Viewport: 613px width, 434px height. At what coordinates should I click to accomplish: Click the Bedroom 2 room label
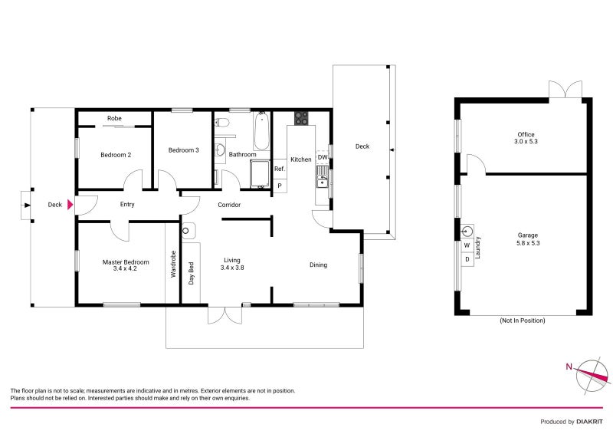pyautogui.click(x=116, y=155)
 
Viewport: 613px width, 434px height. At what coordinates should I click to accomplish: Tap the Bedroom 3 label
pyautogui.click(x=184, y=150)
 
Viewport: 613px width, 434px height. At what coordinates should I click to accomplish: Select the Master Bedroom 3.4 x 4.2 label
pyautogui.click(x=126, y=265)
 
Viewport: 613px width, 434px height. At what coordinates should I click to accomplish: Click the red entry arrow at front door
pyautogui.click(x=70, y=205)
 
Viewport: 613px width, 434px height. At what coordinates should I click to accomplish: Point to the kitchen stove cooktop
pyautogui.click(x=301, y=119)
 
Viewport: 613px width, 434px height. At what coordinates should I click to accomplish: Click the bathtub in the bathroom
pyautogui.click(x=261, y=130)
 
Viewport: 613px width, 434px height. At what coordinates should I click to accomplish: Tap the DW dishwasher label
pyautogui.click(x=323, y=157)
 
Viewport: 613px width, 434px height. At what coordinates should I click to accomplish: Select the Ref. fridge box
pyautogui.click(x=280, y=169)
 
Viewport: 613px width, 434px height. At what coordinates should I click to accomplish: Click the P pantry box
pyautogui.click(x=280, y=186)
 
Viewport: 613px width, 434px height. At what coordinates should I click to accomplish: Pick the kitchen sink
pyautogui.click(x=323, y=182)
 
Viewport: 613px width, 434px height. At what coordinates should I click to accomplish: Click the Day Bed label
pyautogui.click(x=192, y=274)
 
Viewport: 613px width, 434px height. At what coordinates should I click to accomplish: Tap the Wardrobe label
pyautogui.click(x=173, y=264)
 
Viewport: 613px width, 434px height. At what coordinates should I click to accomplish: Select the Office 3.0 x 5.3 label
pyautogui.click(x=525, y=138)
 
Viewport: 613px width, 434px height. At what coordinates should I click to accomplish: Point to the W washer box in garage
pyautogui.click(x=467, y=245)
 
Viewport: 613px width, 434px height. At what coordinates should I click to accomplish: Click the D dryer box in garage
pyautogui.click(x=467, y=259)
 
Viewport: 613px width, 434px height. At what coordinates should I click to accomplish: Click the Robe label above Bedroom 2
pyautogui.click(x=114, y=119)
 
